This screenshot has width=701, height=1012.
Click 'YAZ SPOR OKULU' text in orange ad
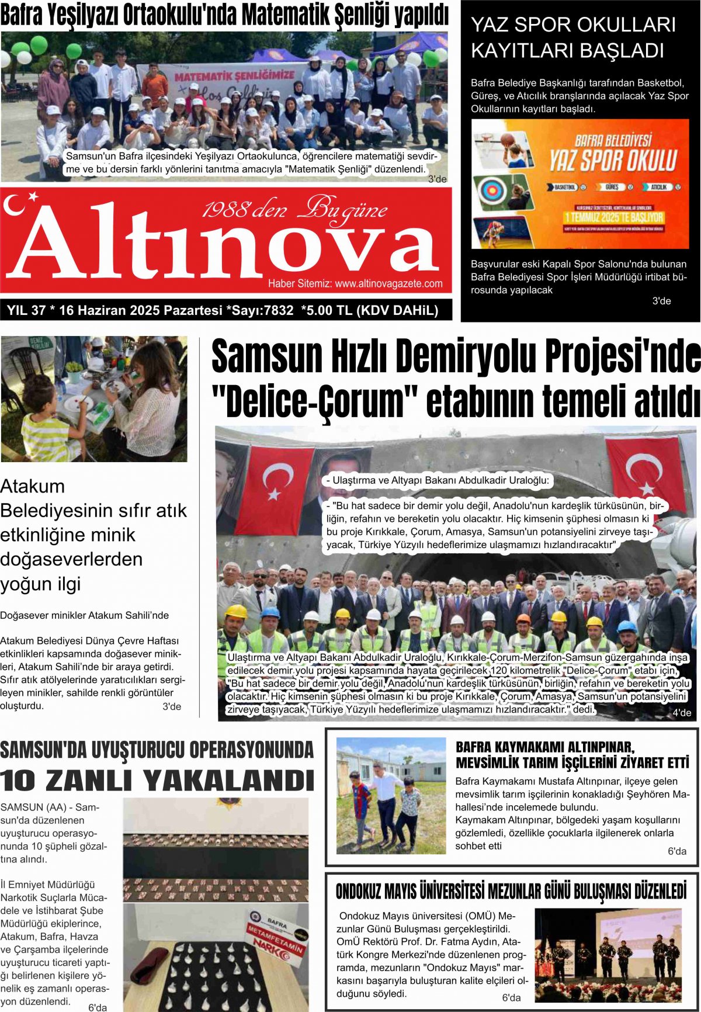pos(612,160)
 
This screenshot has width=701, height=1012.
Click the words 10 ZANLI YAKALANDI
pos(157,781)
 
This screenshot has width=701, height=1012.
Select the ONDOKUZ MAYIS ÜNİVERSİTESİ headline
pos(511,892)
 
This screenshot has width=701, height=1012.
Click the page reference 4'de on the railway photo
pos(681,712)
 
